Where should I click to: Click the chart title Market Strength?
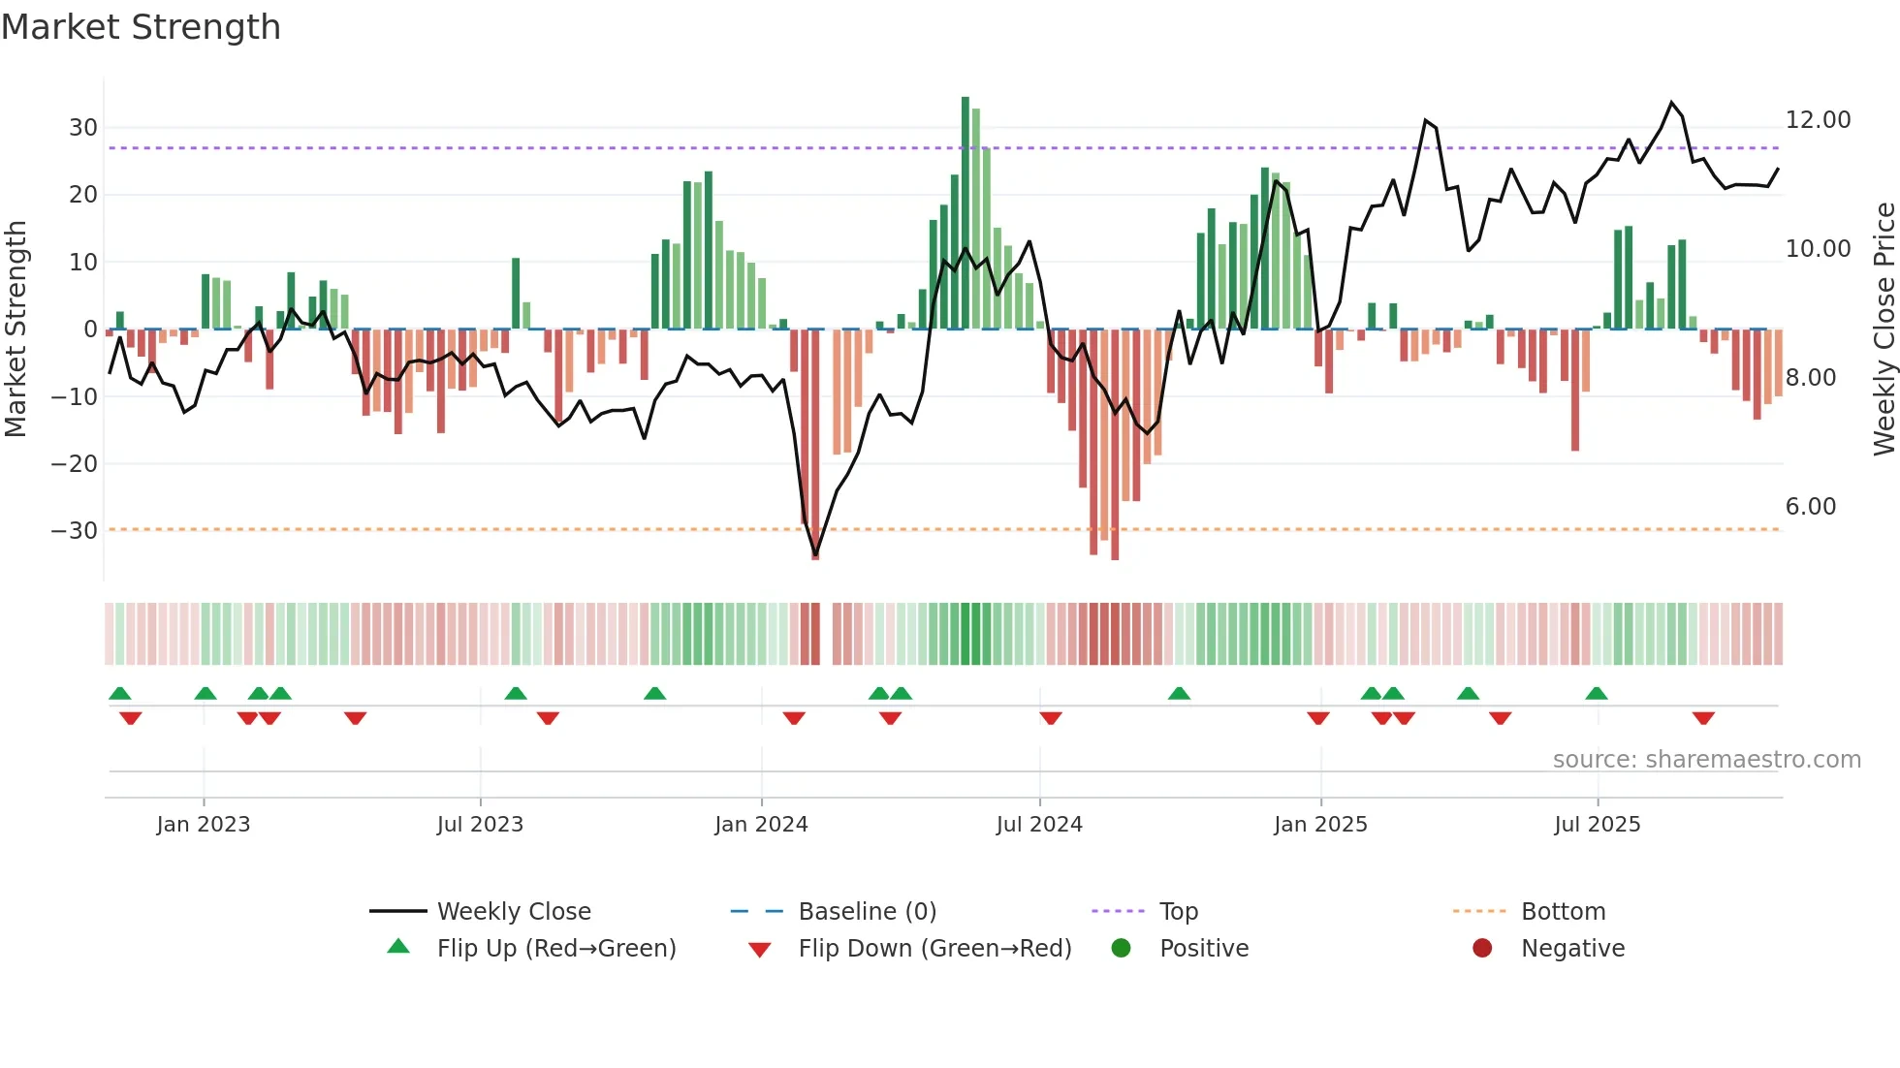click(141, 27)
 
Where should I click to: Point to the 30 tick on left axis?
click(82, 128)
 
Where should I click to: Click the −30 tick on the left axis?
click(75, 531)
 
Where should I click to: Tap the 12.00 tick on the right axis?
click(1818, 120)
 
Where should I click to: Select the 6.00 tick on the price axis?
click(1810, 507)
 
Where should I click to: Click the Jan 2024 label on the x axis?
click(761, 825)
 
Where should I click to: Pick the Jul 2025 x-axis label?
click(1597, 825)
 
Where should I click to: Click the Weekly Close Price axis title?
click(1884, 330)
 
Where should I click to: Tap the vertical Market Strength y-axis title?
click(16, 330)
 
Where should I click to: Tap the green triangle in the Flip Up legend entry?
click(398, 947)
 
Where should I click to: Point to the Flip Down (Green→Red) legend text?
click(934, 949)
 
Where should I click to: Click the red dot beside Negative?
click(1482, 949)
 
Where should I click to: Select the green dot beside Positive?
click(1122, 949)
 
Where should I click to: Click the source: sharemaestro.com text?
click(1706, 760)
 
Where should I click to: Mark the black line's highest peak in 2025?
click(1671, 103)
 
